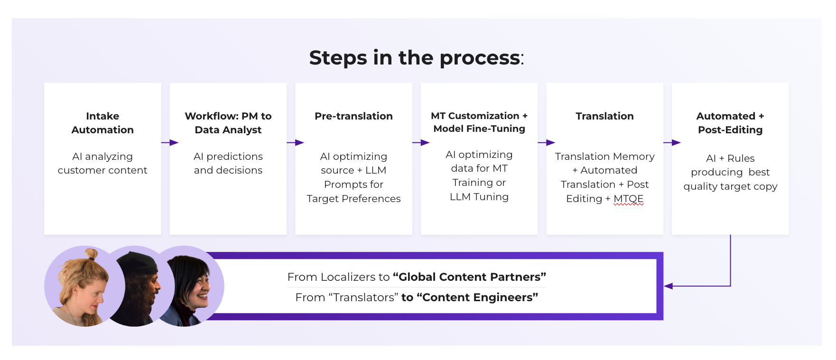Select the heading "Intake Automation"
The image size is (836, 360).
(102, 123)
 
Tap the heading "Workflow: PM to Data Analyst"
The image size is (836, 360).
(228, 123)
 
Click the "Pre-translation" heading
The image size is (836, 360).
(353, 116)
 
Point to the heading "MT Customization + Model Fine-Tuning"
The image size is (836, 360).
(479, 122)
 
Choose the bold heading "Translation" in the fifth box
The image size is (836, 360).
(604, 116)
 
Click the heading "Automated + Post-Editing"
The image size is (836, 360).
(730, 123)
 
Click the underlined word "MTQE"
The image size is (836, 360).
(628, 199)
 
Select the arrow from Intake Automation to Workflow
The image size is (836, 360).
(170, 143)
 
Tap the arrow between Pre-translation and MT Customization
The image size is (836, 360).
(421, 143)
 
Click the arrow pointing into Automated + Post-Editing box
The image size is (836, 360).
(672, 143)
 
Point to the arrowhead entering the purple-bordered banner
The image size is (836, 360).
(669, 286)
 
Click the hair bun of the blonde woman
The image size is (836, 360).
(91, 254)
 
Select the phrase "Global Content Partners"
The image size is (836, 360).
(469, 277)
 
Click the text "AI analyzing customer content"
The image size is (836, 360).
(102, 163)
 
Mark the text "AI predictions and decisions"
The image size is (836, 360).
(228, 163)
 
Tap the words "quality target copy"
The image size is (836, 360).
(730, 186)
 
